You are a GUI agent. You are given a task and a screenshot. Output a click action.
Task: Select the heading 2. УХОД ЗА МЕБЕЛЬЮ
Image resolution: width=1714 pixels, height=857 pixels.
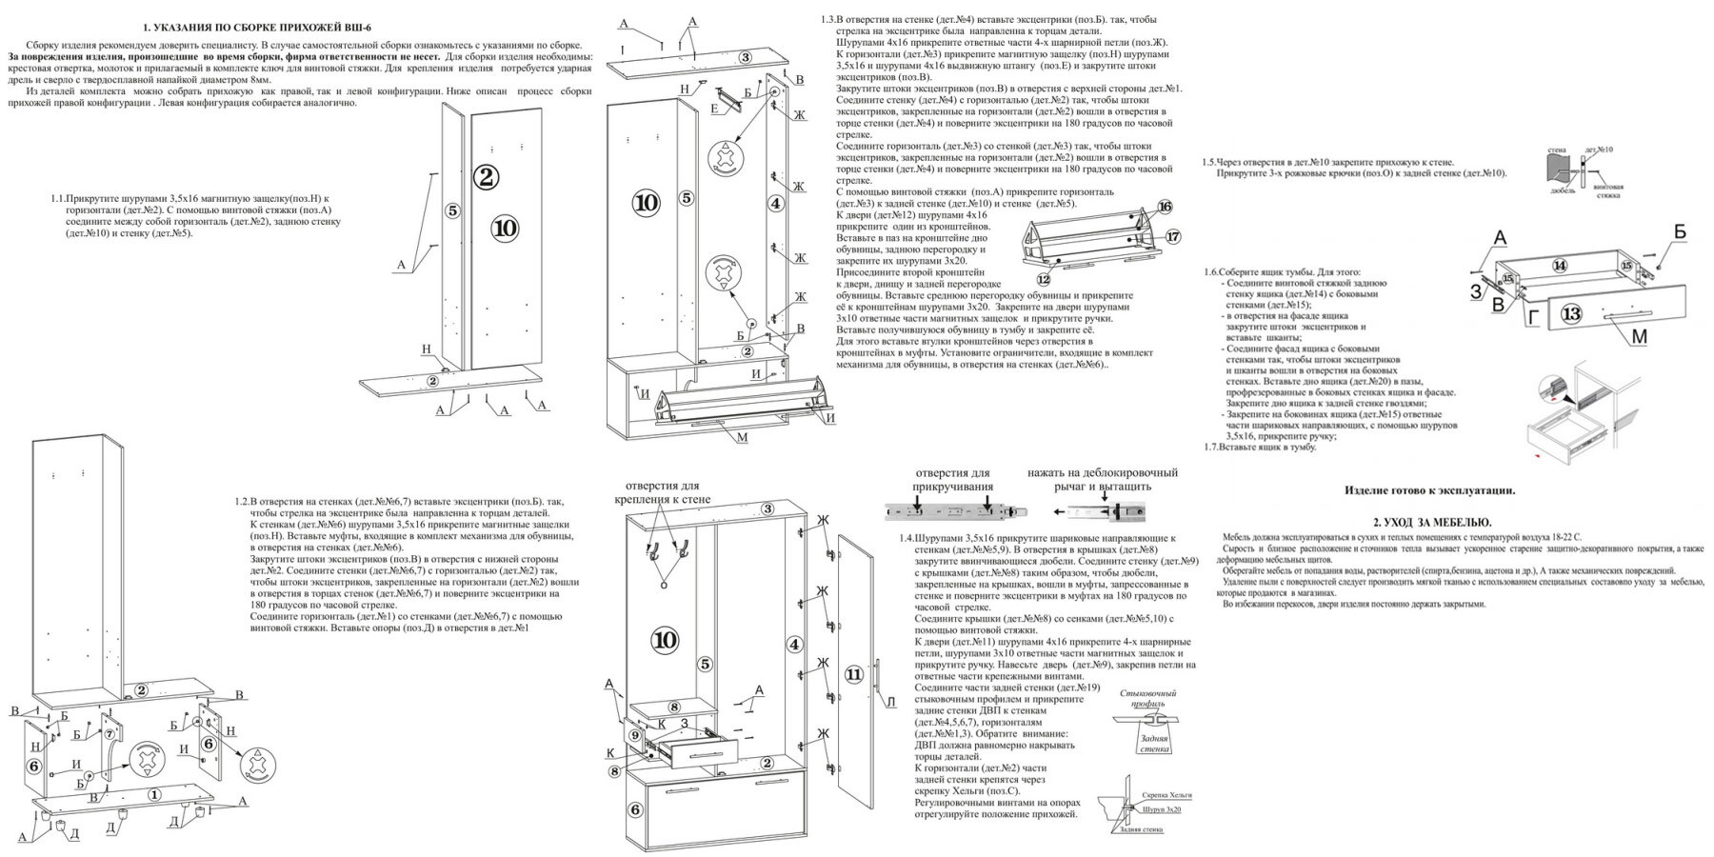(1432, 523)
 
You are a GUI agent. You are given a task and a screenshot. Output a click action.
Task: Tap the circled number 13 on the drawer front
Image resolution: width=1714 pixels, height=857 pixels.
(1570, 314)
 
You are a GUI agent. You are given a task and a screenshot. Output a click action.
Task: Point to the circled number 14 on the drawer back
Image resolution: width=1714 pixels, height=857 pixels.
(1559, 266)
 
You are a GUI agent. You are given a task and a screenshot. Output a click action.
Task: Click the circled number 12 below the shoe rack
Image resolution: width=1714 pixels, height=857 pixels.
(1044, 279)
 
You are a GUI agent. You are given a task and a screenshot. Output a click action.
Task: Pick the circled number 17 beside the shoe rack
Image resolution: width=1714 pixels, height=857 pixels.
(1172, 236)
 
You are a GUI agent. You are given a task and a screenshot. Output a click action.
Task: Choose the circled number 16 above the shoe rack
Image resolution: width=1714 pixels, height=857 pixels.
(1165, 207)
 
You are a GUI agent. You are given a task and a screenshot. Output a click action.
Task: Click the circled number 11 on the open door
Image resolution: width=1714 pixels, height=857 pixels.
(853, 674)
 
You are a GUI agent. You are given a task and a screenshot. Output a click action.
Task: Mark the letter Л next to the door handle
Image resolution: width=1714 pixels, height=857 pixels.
(891, 703)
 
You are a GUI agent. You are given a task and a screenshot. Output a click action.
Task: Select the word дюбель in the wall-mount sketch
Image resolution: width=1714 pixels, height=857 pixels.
(1563, 189)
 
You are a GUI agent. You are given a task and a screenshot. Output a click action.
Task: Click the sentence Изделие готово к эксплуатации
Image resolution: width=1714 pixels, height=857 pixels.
(1429, 490)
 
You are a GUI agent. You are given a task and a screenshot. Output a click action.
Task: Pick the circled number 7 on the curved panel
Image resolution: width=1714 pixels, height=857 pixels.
(109, 733)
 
